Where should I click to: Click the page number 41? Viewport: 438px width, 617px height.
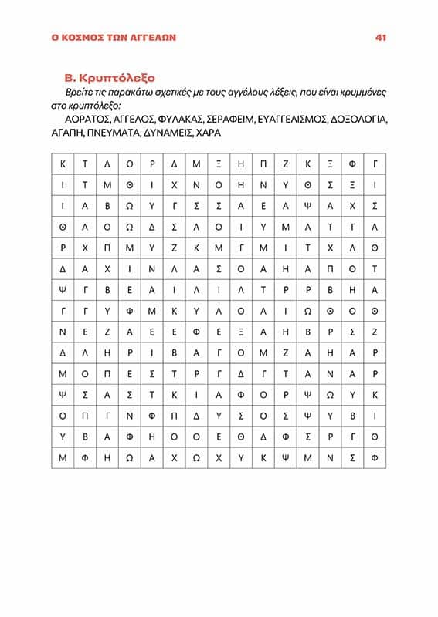tap(380, 37)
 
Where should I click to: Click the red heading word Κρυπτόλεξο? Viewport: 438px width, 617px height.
tap(119, 78)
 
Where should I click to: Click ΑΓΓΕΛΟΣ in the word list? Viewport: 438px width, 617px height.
tap(133, 120)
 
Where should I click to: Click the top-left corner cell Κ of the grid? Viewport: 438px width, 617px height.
tap(63, 164)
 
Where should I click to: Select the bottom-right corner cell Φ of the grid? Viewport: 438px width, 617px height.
tap(375, 456)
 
